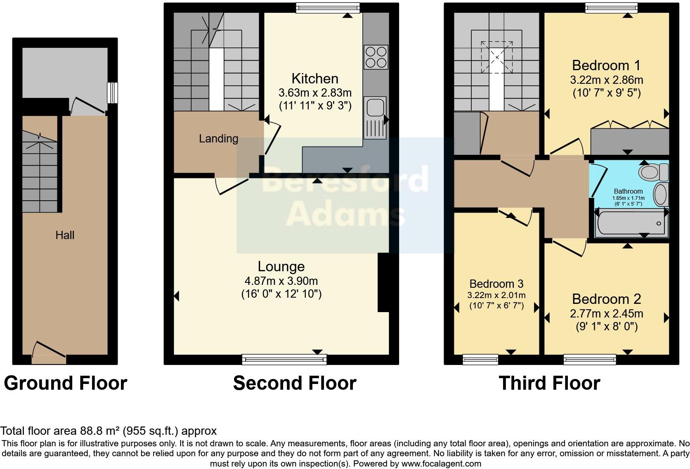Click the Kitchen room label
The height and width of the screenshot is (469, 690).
click(x=315, y=78)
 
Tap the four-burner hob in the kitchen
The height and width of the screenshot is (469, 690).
click(x=376, y=57)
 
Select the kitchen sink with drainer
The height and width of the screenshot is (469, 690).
click(x=375, y=118)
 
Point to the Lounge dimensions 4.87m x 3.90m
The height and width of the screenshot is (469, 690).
click(x=281, y=281)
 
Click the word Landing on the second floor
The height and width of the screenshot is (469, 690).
click(x=218, y=139)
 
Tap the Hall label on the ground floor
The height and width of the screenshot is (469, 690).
click(x=65, y=235)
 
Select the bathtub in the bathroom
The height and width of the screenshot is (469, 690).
click(x=630, y=223)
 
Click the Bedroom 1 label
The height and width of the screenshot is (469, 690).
click(x=606, y=65)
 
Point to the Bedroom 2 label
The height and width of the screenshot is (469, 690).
click(x=606, y=299)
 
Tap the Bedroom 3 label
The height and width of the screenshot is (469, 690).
click(x=496, y=284)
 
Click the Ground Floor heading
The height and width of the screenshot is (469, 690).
click(x=65, y=383)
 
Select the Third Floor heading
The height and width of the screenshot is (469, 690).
click(x=549, y=383)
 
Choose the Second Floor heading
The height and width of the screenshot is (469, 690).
click(x=295, y=383)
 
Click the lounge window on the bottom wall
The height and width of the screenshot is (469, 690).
click(x=284, y=360)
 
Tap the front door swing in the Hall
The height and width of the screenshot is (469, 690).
click(x=49, y=349)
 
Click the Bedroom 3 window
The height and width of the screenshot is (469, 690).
click(x=480, y=360)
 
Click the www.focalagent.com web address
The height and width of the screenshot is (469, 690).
click(x=441, y=464)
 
